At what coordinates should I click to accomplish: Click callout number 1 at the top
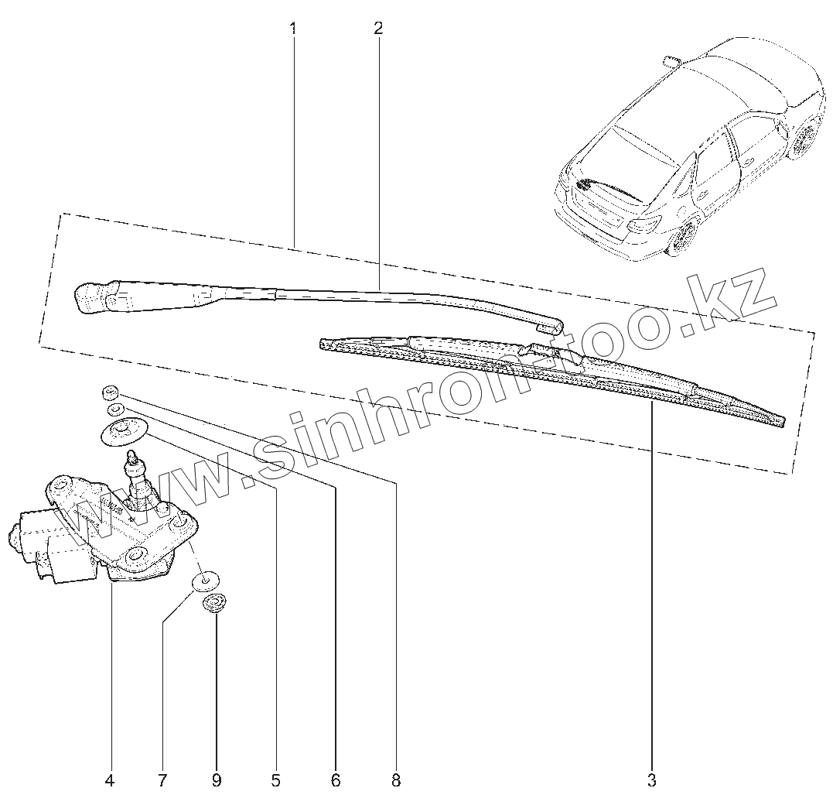coord(293,29)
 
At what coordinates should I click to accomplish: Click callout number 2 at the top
coord(377,29)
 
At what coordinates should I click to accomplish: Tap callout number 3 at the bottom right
coord(652,779)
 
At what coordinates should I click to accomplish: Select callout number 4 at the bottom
coord(109,780)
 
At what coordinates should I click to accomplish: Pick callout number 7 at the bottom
coord(162,780)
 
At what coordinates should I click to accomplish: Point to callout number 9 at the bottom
coord(216,780)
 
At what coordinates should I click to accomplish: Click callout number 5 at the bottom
coord(275,780)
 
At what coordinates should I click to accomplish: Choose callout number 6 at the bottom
coord(336,780)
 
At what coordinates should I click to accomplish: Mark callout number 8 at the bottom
coord(396,780)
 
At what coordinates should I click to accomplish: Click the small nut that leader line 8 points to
coord(109,391)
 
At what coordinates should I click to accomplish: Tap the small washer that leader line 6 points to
coord(115,408)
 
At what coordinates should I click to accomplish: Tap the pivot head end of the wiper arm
coord(93,298)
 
